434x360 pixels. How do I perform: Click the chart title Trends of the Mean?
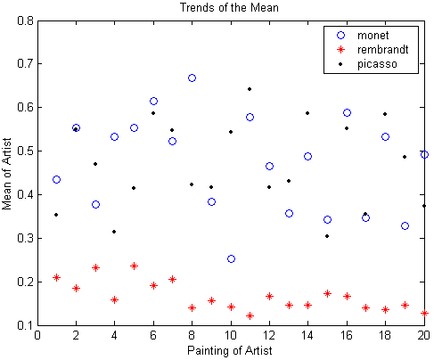pyautogui.click(x=229, y=7)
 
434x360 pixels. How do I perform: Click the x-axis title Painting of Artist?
pyautogui.click(x=229, y=350)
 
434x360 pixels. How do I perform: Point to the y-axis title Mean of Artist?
pyautogui.click(x=7, y=174)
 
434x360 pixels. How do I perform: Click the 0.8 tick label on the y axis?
pyautogui.click(x=25, y=20)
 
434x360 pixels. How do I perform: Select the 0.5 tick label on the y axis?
pyautogui.click(x=25, y=151)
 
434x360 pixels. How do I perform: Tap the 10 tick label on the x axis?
pyautogui.click(x=231, y=335)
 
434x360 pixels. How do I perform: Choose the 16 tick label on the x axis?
pyautogui.click(x=347, y=335)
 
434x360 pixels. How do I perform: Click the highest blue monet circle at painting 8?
pyautogui.click(x=192, y=78)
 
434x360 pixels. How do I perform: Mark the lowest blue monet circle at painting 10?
pyautogui.click(x=231, y=259)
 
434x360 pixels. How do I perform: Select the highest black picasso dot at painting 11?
pyautogui.click(x=250, y=89)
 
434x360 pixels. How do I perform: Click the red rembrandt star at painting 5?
pyautogui.click(x=134, y=266)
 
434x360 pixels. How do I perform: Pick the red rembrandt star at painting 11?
pyautogui.click(x=250, y=315)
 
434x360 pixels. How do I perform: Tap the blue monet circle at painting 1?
pyautogui.click(x=56, y=180)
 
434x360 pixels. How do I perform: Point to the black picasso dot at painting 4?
pyautogui.click(x=114, y=232)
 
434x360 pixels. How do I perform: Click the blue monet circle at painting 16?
pyautogui.click(x=347, y=113)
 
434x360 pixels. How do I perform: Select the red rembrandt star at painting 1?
pyautogui.click(x=56, y=278)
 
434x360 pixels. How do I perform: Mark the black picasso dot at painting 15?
pyautogui.click(x=327, y=236)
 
